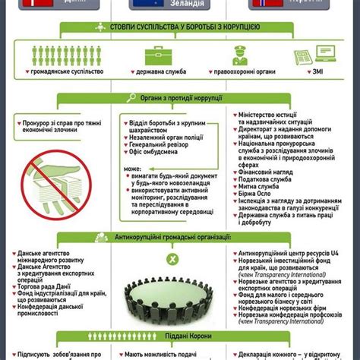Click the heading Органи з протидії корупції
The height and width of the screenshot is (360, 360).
(x=179, y=99)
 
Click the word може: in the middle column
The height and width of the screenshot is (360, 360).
(x=134, y=169)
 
